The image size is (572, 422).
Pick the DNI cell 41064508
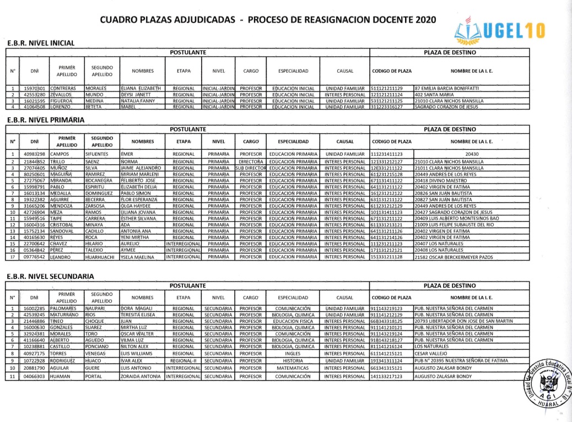34,108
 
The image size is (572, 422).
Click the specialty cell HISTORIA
293,360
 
